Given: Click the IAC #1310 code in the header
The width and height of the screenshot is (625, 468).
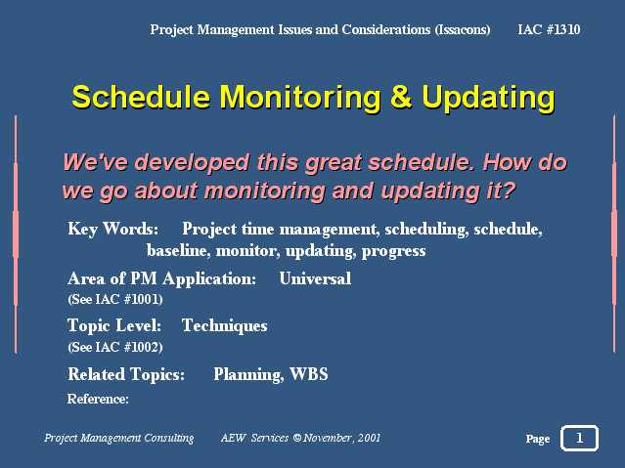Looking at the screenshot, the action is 549,29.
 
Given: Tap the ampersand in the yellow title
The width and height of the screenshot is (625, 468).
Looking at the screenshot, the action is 401,97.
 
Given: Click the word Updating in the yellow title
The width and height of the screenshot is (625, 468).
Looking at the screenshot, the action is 488,99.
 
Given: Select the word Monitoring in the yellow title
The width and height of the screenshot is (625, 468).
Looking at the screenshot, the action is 300,99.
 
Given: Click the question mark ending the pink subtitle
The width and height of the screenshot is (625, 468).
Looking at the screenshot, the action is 508,191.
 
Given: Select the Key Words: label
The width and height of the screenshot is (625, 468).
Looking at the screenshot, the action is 113,230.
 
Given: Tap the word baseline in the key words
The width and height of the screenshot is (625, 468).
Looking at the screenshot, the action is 178,250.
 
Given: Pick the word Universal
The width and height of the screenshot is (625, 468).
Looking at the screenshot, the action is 315,278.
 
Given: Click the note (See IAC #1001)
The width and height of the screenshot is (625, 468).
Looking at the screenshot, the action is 115,299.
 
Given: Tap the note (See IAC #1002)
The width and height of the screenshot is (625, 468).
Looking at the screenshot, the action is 115,347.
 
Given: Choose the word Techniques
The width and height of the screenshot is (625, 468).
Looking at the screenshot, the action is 224,326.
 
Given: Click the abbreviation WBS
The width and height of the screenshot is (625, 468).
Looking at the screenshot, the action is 309,374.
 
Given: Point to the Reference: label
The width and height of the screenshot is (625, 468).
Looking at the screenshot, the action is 98,399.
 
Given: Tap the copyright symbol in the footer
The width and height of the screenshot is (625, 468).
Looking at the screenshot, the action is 297,438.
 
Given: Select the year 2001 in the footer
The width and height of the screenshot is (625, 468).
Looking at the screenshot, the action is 369,438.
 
